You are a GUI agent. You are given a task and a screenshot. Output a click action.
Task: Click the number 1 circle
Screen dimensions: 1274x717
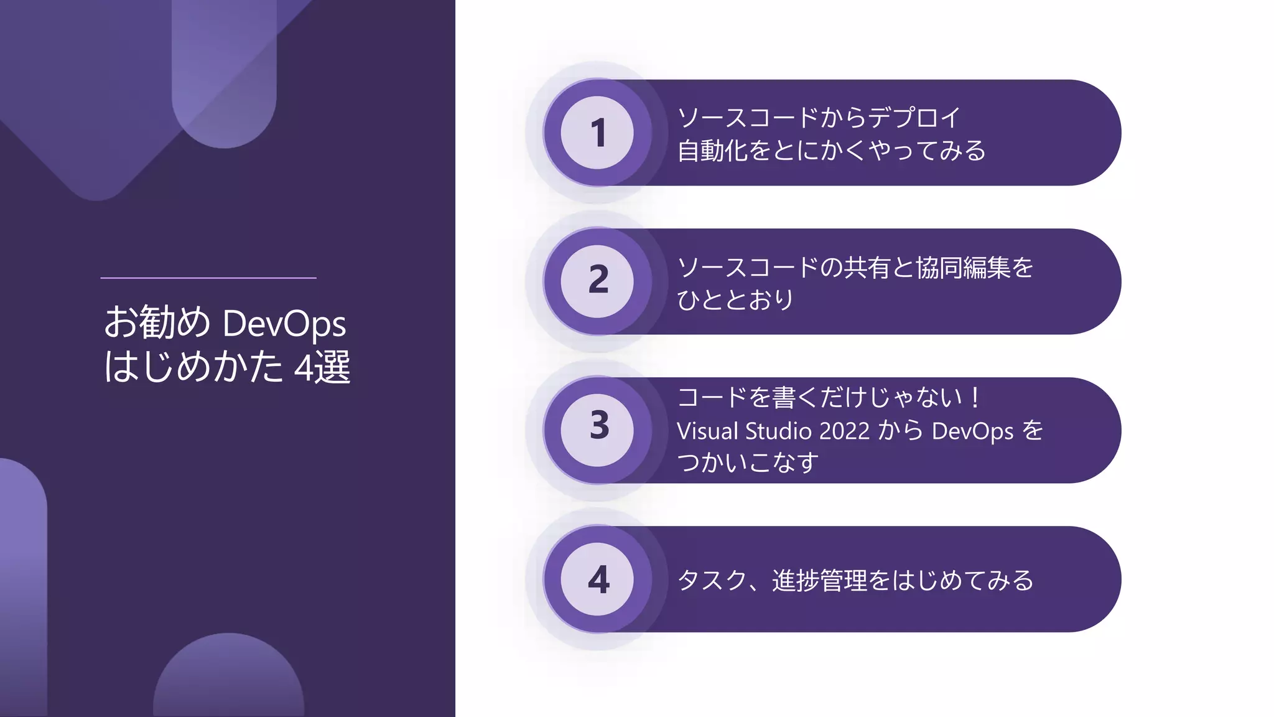click(597, 133)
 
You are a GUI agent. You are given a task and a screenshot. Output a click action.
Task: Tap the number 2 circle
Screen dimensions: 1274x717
click(597, 281)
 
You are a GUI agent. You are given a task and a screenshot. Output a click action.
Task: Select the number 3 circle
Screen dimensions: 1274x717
click(597, 430)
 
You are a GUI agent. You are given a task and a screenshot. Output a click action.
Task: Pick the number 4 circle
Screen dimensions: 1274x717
click(597, 579)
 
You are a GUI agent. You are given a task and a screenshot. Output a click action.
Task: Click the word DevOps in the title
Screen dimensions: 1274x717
click(284, 324)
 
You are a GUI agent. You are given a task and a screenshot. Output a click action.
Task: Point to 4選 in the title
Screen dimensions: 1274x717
click(322, 367)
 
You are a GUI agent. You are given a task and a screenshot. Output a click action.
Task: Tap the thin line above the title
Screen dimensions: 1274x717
click(208, 278)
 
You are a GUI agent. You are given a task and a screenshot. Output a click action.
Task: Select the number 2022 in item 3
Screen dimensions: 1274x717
click(844, 431)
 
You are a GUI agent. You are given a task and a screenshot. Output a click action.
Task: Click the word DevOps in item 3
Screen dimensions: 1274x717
click(972, 431)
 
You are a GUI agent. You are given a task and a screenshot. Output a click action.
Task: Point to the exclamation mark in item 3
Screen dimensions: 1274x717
click(975, 397)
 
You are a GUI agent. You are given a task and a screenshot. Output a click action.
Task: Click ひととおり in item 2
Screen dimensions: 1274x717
click(735, 300)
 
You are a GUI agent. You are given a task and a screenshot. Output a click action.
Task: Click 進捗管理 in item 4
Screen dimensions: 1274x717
click(819, 581)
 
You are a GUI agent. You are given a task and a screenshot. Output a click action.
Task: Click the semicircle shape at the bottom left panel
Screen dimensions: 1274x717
click(229, 678)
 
